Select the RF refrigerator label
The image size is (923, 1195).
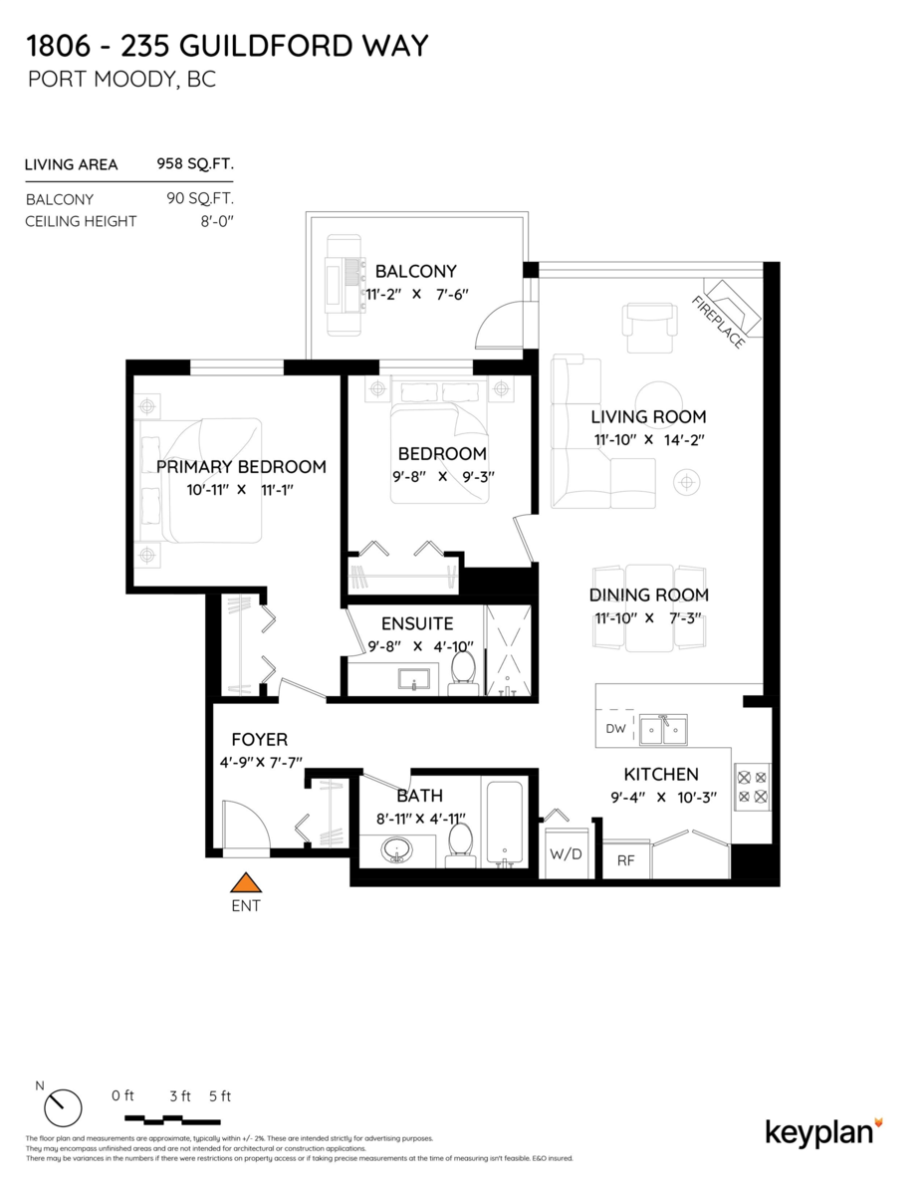626,860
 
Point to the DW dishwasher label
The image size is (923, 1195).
615,729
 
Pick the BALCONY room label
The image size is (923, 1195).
415,271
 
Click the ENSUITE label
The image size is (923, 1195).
417,624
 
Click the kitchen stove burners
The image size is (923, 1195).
752,784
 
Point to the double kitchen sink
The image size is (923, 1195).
662,730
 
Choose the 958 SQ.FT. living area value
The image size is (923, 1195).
195,164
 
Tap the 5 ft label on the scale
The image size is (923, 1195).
220,1096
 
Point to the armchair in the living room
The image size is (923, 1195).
649,320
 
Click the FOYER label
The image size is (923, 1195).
259,740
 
